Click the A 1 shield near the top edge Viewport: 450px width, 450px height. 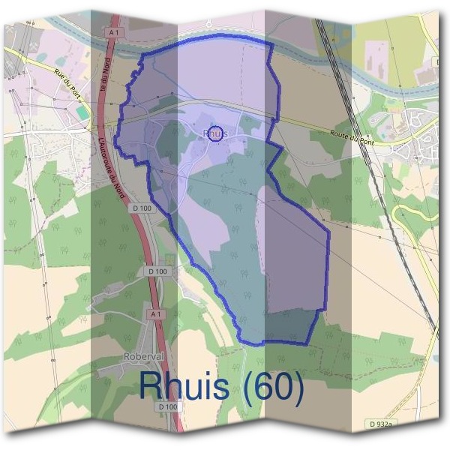[x=114, y=33]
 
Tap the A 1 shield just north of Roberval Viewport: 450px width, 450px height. [x=155, y=313]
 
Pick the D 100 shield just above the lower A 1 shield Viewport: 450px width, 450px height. [x=157, y=271]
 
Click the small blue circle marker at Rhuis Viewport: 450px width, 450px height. [x=215, y=133]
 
